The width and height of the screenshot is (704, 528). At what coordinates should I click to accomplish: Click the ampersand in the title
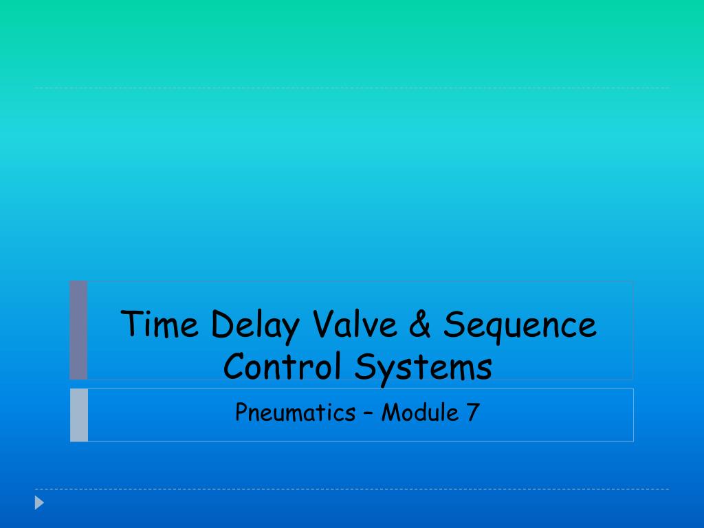pyautogui.click(x=417, y=324)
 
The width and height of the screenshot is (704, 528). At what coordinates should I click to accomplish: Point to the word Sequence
pyautogui.click(x=519, y=326)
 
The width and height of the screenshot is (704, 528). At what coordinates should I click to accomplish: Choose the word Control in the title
pyautogui.click(x=283, y=366)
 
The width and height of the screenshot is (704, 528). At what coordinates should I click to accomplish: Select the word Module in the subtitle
pyautogui.click(x=421, y=412)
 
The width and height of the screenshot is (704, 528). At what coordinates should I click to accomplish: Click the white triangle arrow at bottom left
pyautogui.click(x=39, y=503)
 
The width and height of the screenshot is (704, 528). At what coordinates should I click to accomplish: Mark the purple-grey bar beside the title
pyautogui.click(x=78, y=329)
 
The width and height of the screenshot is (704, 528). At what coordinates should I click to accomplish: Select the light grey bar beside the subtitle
pyautogui.click(x=79, y=415)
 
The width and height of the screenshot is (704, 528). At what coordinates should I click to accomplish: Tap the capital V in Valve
pyautogui.click(x=322, y=324)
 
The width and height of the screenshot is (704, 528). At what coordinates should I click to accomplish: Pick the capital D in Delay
pyautogui.click(x=221, y=324)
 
